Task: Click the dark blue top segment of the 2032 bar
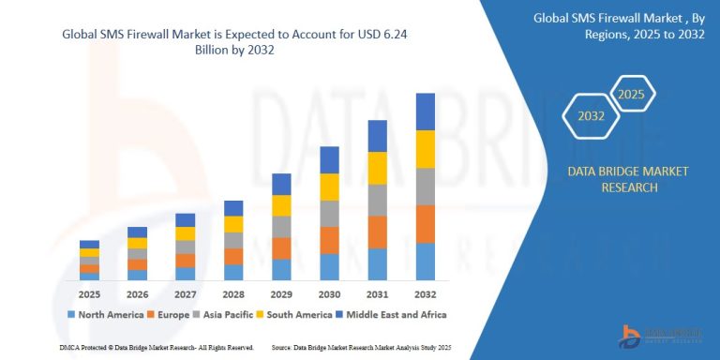425,112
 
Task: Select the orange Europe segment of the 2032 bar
425,224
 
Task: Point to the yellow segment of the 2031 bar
377,168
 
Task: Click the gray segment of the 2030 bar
329,214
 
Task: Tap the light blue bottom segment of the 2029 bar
281,270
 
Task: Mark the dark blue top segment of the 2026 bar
137,232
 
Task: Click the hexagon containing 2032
590,118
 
